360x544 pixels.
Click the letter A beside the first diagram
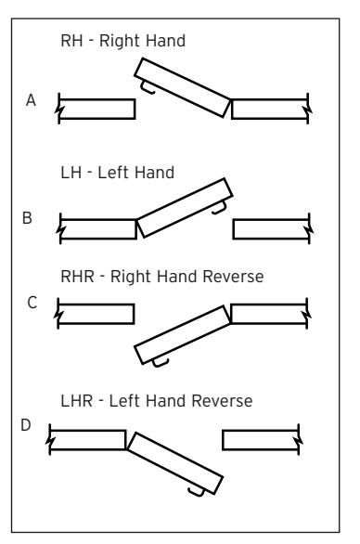coord(31,100)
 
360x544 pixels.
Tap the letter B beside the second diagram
coord(27,218)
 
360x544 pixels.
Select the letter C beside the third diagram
coord(32,303)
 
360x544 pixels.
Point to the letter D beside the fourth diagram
coord(26,425)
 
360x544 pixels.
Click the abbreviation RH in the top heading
coord(71,41)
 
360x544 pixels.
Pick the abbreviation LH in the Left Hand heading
coord(71,173)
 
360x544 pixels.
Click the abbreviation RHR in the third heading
coord(77,277)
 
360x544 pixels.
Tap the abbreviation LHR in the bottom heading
coord(77,401)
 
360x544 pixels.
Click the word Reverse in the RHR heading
coord(233,277)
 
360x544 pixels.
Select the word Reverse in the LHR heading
coord(222,401)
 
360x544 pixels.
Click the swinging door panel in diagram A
coord(183,88)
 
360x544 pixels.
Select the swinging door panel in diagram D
coord(174,463)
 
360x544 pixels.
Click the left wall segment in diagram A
coord(96,109)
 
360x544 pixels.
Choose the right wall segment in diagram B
coord(271,229)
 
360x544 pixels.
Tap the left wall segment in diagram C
coord(96,314)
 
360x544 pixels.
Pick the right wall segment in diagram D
coord(261,440)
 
